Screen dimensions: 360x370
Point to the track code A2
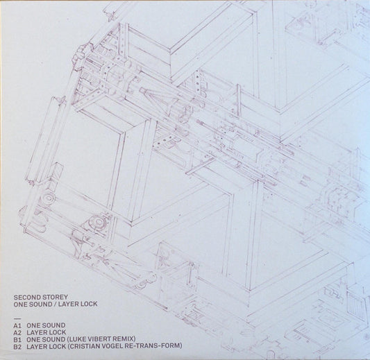click(x=27, y=332)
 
